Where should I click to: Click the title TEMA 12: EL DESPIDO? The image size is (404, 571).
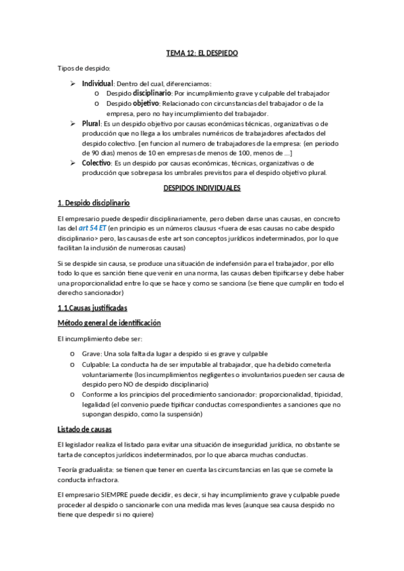202,52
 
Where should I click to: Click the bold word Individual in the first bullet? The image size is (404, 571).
97,83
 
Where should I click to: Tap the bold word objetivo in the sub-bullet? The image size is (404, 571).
146,103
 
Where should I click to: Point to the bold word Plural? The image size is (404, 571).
91,124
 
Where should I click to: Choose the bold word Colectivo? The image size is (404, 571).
96,162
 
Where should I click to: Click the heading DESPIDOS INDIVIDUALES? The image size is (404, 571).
202,189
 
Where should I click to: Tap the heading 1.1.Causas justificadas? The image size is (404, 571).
92,307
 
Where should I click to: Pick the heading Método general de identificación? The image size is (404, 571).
109,323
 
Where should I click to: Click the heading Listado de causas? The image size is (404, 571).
84,429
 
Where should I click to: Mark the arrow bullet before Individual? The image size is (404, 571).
73,83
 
